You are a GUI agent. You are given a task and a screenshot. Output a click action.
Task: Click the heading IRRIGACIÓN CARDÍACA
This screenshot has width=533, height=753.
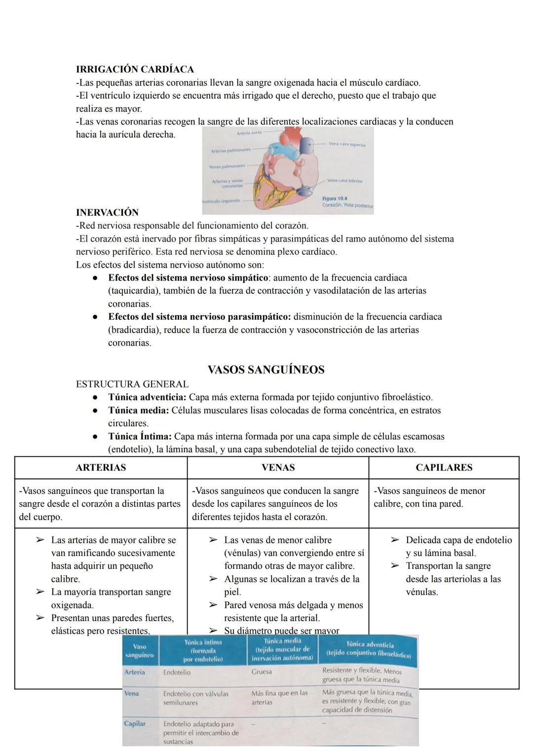tap(135, 69)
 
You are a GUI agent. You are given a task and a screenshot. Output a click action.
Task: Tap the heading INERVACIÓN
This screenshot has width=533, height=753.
tap(107, 212)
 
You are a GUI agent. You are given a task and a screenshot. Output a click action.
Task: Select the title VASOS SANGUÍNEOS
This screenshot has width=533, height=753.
tap(266, 369)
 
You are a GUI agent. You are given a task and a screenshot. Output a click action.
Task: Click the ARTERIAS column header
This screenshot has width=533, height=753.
tap(101, 467)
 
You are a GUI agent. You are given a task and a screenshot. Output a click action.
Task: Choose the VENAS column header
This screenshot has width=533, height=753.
tap(278, 467)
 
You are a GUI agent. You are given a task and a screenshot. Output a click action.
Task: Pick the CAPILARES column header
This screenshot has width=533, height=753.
tap(444, 467)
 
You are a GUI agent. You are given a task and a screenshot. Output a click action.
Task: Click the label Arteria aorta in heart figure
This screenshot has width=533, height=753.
tap(249, 133)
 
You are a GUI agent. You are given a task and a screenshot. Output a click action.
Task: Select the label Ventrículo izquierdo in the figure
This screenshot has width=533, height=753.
tap(222, 201)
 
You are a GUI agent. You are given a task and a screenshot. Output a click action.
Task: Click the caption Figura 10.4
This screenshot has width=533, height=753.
tap(334, 198)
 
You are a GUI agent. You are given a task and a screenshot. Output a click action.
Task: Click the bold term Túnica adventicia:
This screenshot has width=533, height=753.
tap(147, 397)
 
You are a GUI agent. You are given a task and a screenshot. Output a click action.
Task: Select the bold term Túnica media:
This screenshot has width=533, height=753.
tap(138, 410)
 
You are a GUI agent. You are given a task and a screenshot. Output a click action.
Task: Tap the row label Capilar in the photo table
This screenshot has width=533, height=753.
tap(135, 723)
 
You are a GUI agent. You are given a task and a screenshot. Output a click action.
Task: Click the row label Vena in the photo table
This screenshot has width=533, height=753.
tap(131, 693)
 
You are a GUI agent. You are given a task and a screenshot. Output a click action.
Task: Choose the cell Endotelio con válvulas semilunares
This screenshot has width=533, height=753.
tap(195, 698)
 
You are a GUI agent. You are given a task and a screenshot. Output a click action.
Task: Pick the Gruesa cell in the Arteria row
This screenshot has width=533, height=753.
tap(262, 672)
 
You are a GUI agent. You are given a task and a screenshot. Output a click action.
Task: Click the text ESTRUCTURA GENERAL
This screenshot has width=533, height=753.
tap(132, 384)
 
